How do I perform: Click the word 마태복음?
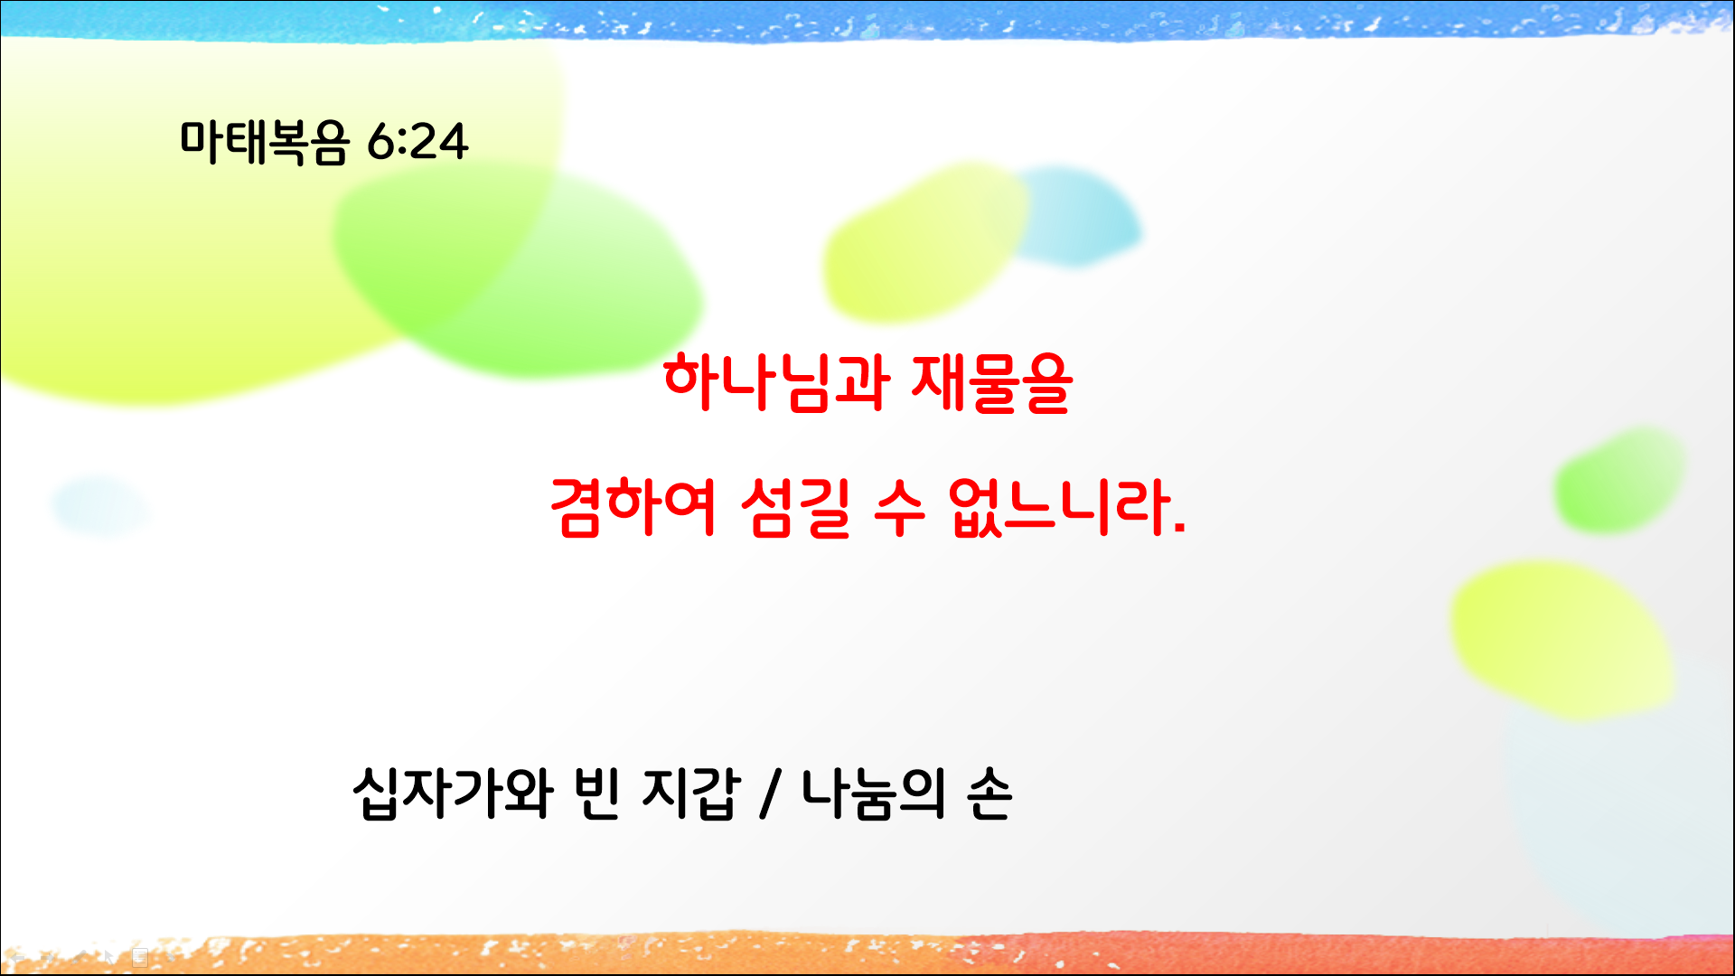(x=264, y=142)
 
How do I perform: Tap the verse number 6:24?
(x=417, y=142)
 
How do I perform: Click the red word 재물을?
(x=991, y=382)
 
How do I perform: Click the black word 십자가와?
(x=452, y=793)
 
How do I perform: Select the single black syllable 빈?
(x=596, y=793)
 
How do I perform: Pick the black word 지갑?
(x=690, y=793)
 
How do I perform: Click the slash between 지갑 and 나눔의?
(x=770, y=793)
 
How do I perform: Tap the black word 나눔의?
(x=873, y=793)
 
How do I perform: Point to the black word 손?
(x=989, y=793)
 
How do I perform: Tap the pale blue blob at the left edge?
(x=99, y=506)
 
